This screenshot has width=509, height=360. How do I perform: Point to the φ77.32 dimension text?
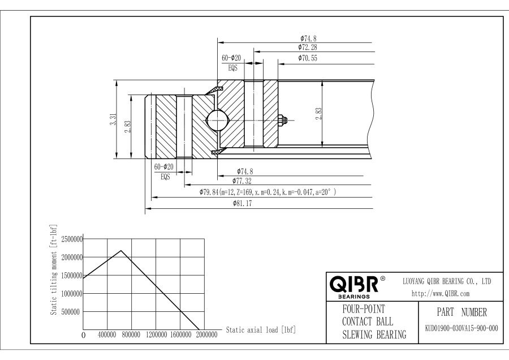click(x=241, y=181)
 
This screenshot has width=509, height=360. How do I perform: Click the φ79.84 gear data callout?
click(x=268, y=192)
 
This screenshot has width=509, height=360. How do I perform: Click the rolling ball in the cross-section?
click(x=218, y=119)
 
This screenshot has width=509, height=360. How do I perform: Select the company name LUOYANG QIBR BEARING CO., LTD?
click(x=446, y=281)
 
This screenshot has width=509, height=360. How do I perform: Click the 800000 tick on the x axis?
click(x=132, y=335)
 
